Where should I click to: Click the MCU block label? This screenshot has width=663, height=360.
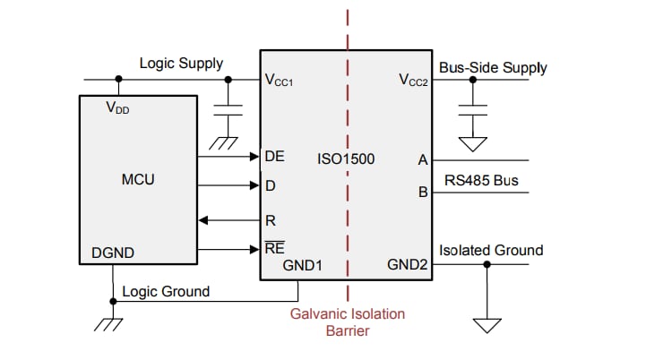138,180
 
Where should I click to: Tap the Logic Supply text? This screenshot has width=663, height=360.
181,64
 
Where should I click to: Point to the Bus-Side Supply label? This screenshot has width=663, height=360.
493,67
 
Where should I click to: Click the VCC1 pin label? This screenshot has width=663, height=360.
279,80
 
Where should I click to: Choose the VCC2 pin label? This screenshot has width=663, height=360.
415,80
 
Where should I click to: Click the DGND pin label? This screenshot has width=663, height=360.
113,253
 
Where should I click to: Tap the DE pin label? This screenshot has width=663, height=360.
274,156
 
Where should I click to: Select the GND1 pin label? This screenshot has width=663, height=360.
302,265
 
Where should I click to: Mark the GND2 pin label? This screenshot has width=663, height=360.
407,265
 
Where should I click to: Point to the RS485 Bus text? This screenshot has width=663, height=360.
481,181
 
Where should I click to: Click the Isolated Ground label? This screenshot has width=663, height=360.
491,250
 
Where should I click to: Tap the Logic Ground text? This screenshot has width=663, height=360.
166,291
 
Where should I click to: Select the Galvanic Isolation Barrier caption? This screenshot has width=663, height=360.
347,321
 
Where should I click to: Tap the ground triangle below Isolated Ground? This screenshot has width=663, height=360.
488,324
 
